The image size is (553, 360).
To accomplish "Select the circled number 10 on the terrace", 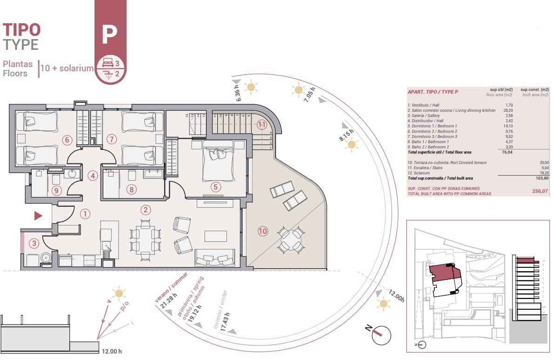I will (263, 231).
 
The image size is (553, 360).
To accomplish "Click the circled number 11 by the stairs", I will (262, 125).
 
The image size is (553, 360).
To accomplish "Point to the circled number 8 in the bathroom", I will (132, 190).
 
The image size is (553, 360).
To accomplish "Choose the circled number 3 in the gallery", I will (34, 243).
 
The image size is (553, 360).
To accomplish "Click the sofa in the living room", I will (215, 257).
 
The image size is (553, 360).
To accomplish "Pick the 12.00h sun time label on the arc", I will (396, 295).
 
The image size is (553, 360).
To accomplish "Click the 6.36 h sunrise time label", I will (239, 93).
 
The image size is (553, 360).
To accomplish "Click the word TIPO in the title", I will (22, 30).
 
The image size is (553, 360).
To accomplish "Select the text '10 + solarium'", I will (67, 68).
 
